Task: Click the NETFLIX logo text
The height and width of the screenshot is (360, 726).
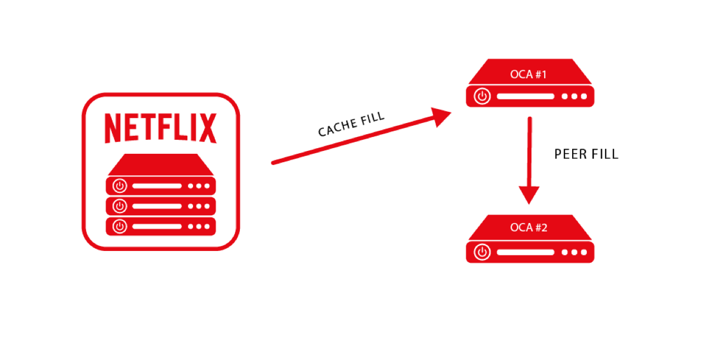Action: coord(161,128)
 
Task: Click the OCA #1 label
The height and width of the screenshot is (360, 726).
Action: coord(529,74)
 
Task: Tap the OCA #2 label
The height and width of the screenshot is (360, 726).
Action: coord(529,228)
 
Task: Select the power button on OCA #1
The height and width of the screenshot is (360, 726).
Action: coord(482,96)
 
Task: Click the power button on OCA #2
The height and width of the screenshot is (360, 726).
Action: coord(482,252)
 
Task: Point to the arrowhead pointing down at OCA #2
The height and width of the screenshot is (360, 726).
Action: coord(529,195)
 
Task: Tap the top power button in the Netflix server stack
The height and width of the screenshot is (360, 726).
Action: coord(119,186)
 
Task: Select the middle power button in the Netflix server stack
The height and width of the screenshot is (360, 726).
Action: coord(119,206)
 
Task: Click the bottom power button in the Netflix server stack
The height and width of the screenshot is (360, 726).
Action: coord(119,226)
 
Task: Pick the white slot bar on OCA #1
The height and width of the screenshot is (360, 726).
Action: coord(525,96)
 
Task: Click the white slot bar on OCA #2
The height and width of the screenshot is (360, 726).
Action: coord(525,252)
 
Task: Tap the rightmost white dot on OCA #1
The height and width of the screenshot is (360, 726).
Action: coord(584,96)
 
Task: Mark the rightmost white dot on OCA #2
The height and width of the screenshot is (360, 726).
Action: coord(584,252)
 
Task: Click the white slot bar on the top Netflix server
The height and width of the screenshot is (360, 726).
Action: coord(157,186)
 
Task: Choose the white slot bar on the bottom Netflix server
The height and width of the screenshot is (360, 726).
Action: coord(157,226)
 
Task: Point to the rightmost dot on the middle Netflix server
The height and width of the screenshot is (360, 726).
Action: coord(207,206)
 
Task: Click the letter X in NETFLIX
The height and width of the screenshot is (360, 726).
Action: coord(208,128)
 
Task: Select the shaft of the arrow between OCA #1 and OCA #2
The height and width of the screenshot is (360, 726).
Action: coord(529,151)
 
